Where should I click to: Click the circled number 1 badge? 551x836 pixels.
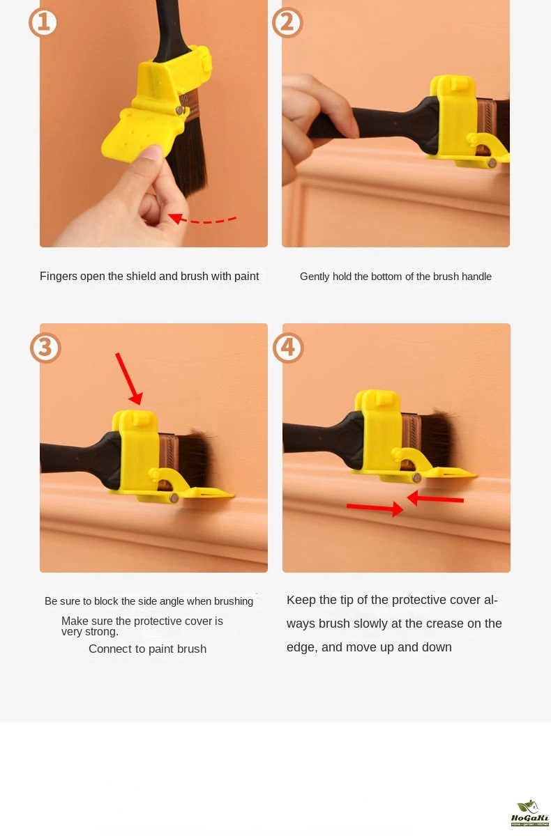coord(43,22)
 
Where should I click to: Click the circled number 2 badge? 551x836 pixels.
coord(287,22)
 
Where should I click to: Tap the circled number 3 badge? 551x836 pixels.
coord(45,348)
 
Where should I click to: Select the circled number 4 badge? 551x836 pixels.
coord(288,348)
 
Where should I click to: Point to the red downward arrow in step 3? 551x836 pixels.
coord(129,379)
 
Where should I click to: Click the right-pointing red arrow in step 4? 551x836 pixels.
coord(375,508)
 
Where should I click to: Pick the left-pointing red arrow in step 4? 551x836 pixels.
coord(435,498)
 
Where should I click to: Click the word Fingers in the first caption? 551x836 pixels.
coord(59,277)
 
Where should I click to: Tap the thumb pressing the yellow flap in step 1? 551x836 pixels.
coord(151,160)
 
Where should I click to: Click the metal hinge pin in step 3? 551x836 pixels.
coord(174,497)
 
